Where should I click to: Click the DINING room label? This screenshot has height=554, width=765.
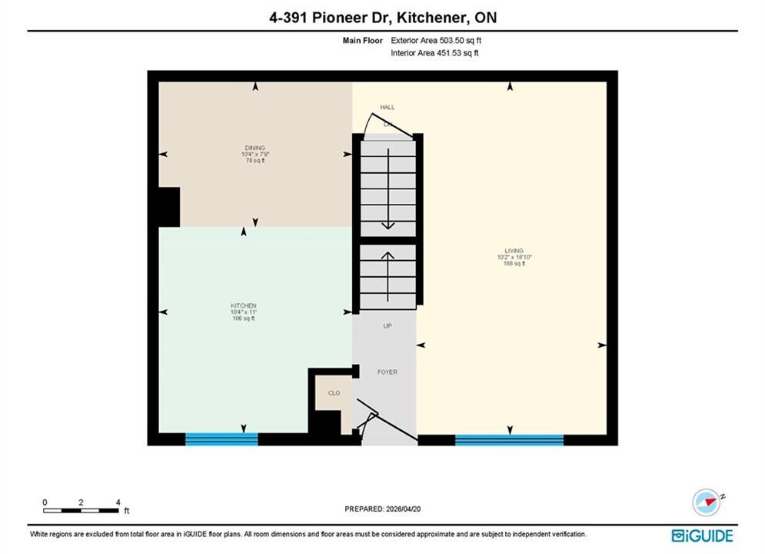coord(255,148)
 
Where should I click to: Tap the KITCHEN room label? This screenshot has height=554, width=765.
coord(244,305)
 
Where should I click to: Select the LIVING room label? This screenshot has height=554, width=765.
coord(514,250)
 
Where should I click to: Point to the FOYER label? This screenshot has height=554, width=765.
coord(387,372)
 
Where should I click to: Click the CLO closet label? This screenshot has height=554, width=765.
coord(334,393)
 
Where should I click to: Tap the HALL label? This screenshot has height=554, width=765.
coord(387,108)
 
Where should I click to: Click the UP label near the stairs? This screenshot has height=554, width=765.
coord(387,326)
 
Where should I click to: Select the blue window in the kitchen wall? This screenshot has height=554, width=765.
coord(221,439)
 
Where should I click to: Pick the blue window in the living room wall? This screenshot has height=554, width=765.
coord(509,440)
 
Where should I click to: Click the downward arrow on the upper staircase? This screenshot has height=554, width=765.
coord(387,189)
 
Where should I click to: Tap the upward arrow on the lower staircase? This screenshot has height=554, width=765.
coord(387,277)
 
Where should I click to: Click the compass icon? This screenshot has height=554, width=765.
coord(707,502)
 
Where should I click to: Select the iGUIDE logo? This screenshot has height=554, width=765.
coord(702,536)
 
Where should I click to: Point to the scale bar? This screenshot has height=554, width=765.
coord(81,511)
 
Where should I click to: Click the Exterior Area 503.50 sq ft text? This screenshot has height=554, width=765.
coord(436,41)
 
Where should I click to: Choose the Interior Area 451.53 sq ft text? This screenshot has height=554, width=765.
coord(434,53)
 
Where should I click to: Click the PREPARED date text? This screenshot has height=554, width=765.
coord(383,509)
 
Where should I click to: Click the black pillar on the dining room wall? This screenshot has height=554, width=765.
coord(169,207)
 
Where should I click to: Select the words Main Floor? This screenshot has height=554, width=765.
coord(362,41)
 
